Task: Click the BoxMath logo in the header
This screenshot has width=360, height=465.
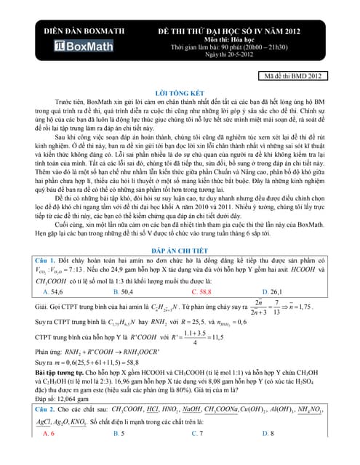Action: (87, 47)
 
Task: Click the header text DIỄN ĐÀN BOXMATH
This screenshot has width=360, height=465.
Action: (87, 33)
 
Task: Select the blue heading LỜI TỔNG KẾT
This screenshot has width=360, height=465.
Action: (180, 94)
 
